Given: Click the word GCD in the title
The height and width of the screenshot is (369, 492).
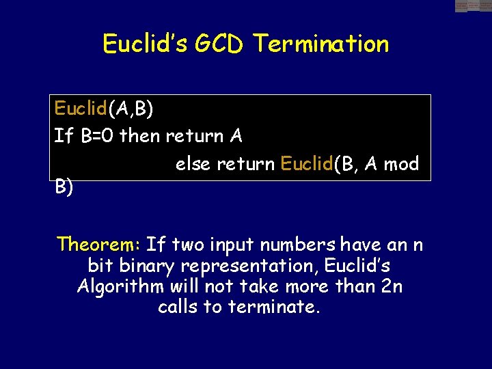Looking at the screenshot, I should tap(223, 44).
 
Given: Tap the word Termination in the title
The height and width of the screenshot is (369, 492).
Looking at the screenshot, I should tap(320, 44).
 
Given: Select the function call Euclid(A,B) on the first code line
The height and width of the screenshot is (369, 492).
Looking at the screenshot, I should tap(103, 109).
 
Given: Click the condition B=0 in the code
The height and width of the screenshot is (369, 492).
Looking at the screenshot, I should tap(97, 136).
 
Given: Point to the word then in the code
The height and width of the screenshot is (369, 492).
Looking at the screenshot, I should tap(138, 136).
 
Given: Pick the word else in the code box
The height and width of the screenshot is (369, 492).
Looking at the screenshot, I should tap(193, 164).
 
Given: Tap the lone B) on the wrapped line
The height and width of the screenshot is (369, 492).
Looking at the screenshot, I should tap(64, 187).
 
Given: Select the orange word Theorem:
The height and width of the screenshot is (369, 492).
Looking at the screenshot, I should tap(99, 244).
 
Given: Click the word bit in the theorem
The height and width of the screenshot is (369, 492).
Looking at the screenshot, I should tap(101, 265).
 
